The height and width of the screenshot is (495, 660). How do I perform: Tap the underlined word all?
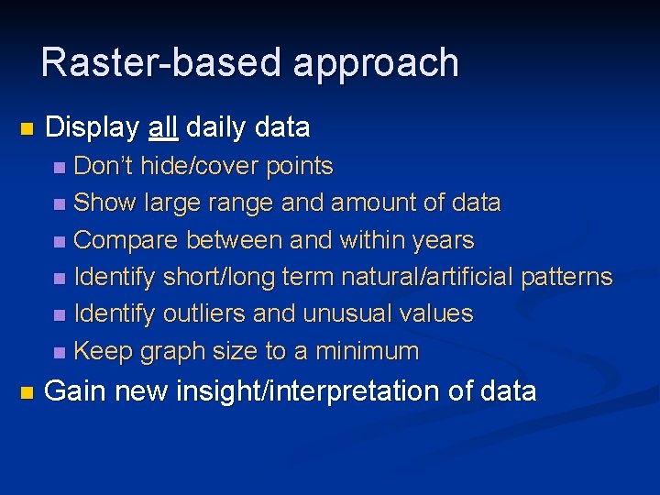[163, 127]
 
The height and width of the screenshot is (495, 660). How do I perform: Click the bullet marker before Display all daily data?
[26, 128]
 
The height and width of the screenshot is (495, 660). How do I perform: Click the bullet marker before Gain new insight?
[26, 392]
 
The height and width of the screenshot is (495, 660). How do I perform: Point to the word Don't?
[103, 166]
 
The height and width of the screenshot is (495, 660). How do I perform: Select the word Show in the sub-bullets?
[101, 203]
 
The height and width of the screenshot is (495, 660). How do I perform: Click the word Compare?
[126, 240]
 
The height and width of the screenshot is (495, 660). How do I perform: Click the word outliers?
[204, 313]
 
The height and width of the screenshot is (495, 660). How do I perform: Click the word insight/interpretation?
[307, 391]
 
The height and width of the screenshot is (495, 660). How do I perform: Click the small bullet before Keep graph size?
[60, 352]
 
